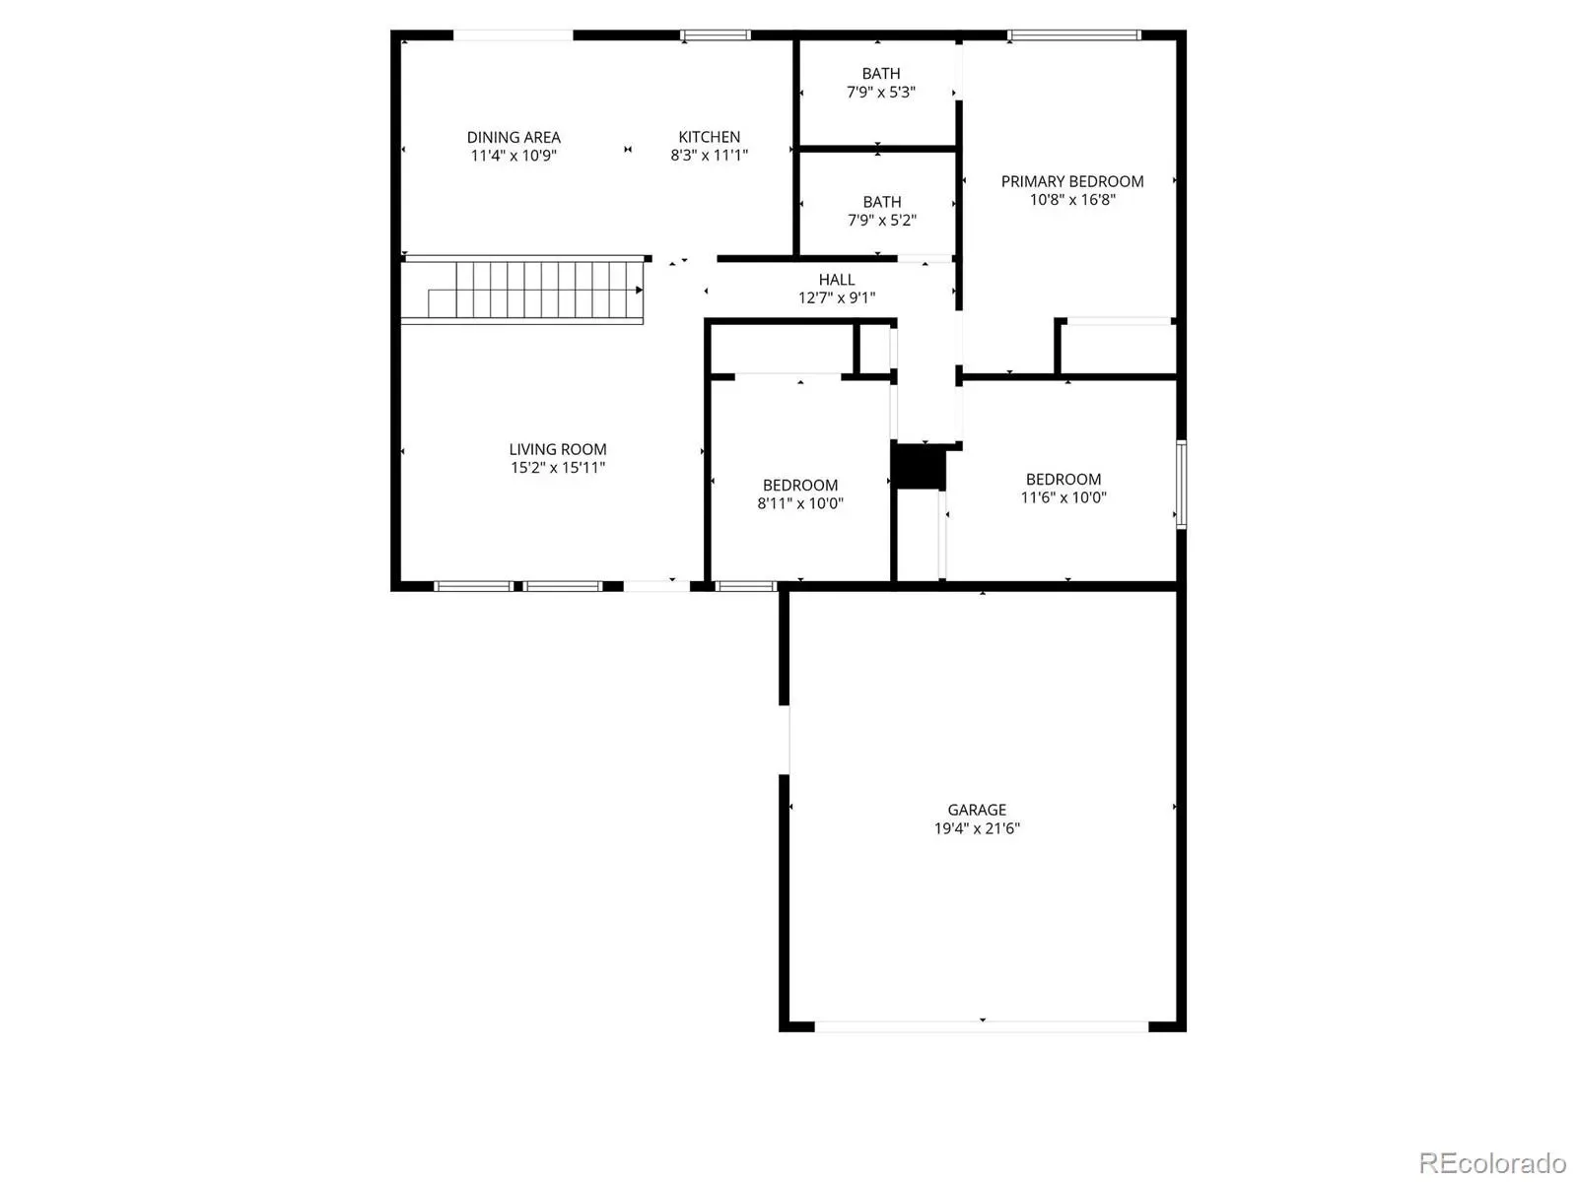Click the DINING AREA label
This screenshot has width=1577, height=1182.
tap(513, 137)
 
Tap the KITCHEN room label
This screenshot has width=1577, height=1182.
tap(709, 137)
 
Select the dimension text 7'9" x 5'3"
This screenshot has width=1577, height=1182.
tap(881, 92)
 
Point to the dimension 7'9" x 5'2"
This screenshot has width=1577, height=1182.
tap(881, 221)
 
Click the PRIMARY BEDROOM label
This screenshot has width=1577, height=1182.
tap(1072, 181)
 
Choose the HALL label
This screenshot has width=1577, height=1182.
tap(836, 280)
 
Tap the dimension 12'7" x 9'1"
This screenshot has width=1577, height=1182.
tap(836, 297)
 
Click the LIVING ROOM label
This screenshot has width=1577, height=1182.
tap(558, 449)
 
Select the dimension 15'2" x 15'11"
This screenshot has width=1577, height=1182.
tap(558, 468)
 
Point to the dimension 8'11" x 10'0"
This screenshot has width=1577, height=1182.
tap(799, 503)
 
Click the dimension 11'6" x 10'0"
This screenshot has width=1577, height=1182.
tap(1063, 497)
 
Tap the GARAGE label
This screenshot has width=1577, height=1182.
tap(977, 810)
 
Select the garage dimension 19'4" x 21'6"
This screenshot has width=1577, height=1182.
tap(977, 828)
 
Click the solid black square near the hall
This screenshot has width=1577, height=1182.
tap(918, 467)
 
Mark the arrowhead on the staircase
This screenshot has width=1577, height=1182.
tap(639, 290)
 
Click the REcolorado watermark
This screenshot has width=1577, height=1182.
tap(1492, 1162)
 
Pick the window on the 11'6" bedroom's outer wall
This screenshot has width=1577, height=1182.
tap(1181, 485)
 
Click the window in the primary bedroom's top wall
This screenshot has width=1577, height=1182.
tap(1073, 34)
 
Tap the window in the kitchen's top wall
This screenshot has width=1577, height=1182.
tap(715, 34)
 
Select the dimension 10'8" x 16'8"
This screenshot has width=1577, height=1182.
tap(1072, 200)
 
